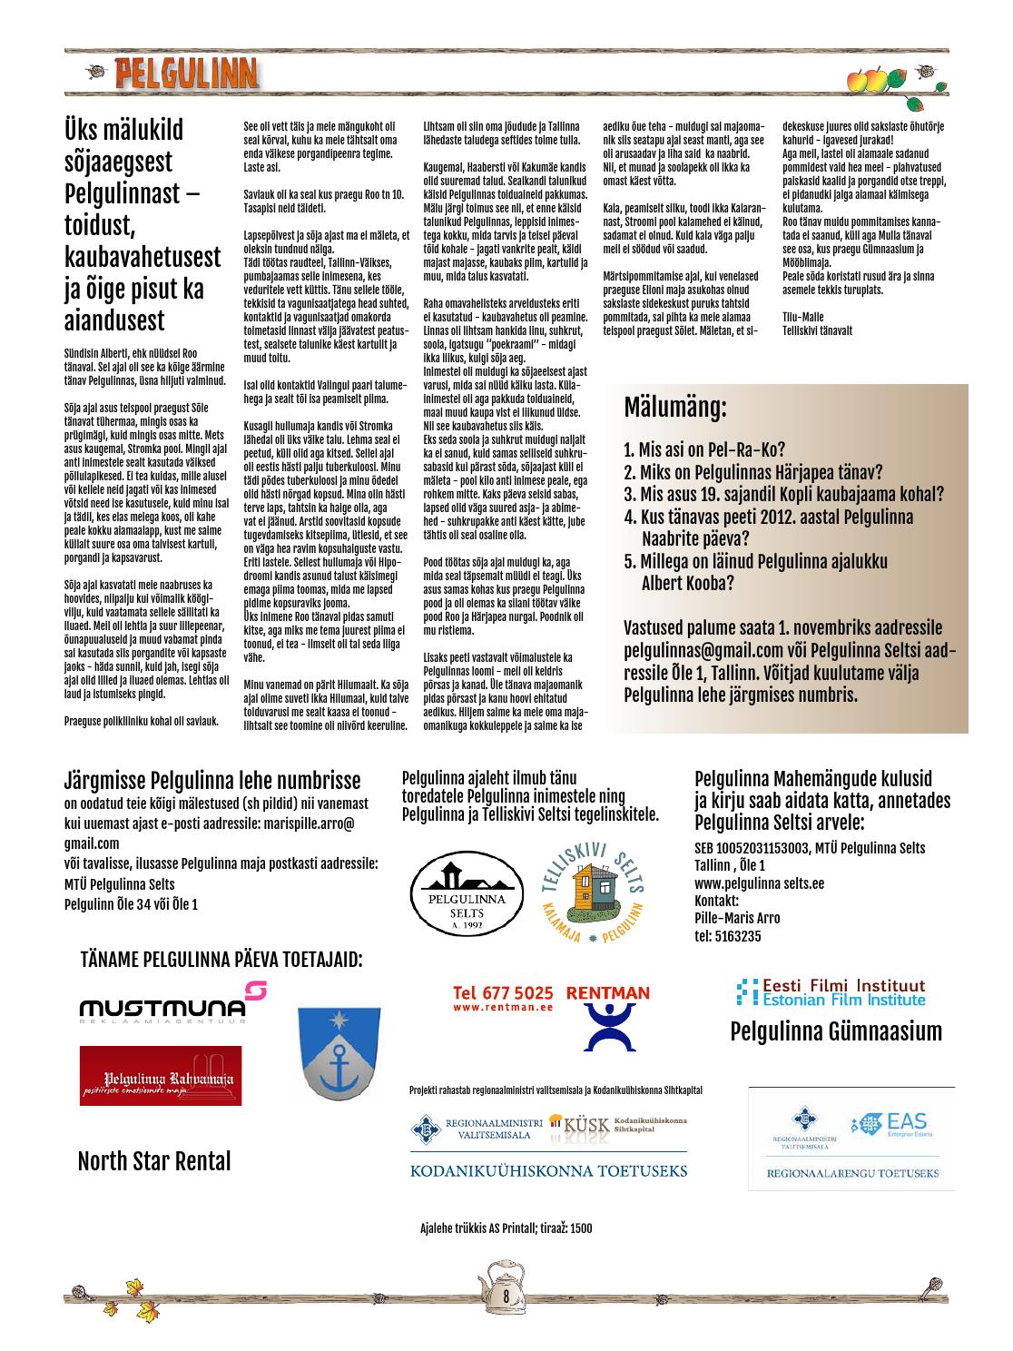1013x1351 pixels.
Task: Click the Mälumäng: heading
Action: pos(675,408)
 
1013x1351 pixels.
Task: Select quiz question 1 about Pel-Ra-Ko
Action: pos(704,449)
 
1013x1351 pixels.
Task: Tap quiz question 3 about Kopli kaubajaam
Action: pos(784,495)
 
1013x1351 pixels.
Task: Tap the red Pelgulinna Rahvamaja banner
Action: pos(161,1076)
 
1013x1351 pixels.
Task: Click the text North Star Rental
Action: pos(154,1161)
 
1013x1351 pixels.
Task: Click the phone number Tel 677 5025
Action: pos(503,992)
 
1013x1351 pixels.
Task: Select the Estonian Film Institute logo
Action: pos(831,991)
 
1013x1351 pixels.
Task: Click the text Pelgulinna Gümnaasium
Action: pos(836,1031)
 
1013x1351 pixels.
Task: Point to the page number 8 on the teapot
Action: pos(506,1296)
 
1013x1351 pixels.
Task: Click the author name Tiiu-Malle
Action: pos(802,316)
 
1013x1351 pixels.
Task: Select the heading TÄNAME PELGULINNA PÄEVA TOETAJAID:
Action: pos(221,960)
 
